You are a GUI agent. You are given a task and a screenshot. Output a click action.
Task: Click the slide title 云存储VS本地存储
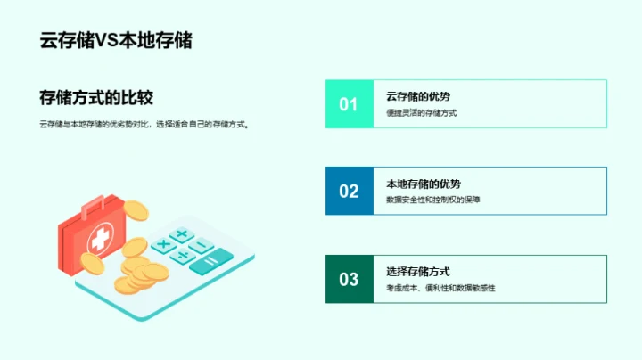click(116, 41)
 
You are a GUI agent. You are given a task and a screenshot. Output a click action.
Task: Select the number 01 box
click(349, 104)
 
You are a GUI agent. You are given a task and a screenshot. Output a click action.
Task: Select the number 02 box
click(349, 191)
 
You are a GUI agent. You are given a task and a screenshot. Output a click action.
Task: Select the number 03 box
click(349, 279)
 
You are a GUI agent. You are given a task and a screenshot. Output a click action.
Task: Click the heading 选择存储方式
click(418, 271)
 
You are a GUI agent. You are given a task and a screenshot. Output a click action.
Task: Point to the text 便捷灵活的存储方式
click(422, 113)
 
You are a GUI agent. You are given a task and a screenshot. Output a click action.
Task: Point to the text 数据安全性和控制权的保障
click(433, 200)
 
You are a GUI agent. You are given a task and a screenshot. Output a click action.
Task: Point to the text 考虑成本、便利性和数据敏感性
click(440, 288)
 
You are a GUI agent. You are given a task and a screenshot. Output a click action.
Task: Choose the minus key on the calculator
click(202, 245)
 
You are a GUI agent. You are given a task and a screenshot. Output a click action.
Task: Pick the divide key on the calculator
click(183, 256)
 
